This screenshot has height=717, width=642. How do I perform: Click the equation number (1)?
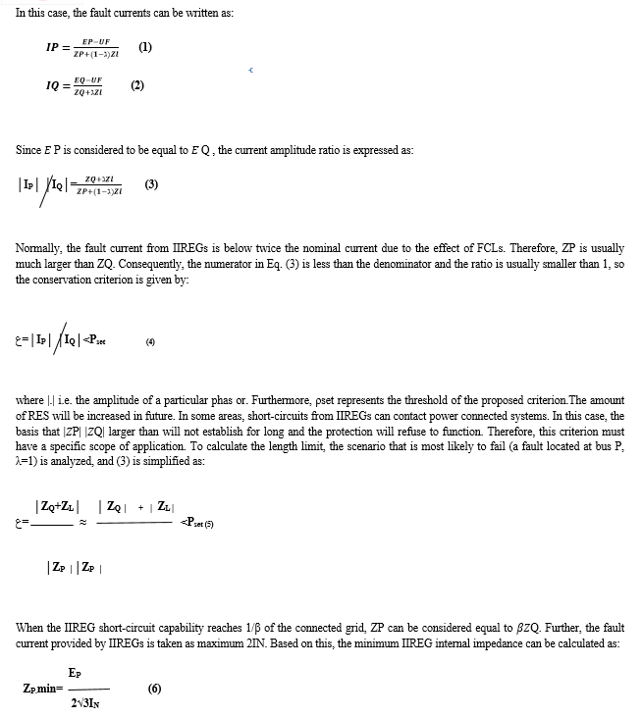tap(145, 47)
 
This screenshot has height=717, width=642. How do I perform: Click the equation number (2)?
tap(138, 85)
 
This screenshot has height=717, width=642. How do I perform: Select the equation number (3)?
tap(150, 183)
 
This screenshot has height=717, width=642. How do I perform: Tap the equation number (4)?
tap(150, 341)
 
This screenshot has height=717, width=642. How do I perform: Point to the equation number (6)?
tap(154, 688)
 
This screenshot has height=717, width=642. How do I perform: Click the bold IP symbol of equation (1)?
tap(54, 47)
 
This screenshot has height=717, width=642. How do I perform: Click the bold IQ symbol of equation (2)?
tap(54, 85)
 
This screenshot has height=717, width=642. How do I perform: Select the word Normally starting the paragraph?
tap(38, 248)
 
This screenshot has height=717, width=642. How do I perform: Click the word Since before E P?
tap(28, 150)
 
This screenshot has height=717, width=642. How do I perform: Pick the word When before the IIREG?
tap(29, 627)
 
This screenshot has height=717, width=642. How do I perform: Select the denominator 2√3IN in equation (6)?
tap(87, 703)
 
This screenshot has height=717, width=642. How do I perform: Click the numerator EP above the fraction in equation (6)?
tap(75, 672)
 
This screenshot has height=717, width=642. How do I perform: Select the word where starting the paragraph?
tap(29, 400)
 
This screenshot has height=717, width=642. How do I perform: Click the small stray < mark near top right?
tap(252, 71)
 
